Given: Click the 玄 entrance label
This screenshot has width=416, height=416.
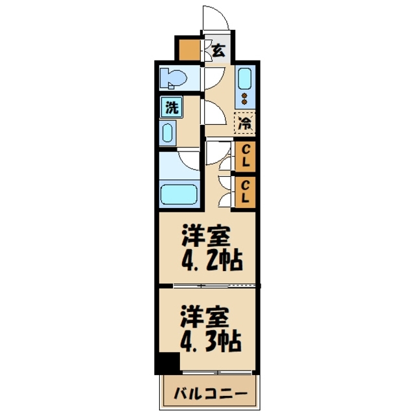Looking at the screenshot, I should [220, 49].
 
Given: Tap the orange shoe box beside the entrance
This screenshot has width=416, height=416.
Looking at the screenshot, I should [190, 50].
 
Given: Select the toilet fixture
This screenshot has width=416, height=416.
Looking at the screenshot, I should [174, 78].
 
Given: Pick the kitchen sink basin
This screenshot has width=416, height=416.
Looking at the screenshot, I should [244, 79].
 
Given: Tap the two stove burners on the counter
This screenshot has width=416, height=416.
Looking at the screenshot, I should [244, 99].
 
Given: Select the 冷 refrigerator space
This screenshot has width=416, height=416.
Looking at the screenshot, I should [244, 122].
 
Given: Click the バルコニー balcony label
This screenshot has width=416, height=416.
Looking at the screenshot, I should [209, 394].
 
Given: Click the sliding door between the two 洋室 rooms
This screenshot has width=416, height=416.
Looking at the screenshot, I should [208, 286].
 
